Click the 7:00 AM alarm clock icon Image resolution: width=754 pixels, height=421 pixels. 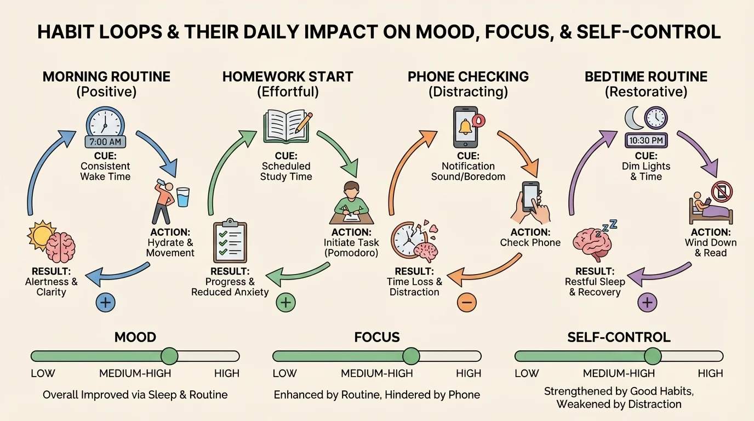click(x=105, y=127)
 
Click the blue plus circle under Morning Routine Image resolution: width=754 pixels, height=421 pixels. click(x=106, y=302)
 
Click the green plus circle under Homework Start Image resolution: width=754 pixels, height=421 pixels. click(x=285, y=302)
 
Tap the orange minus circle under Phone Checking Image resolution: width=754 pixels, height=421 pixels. click(x=467, y=302)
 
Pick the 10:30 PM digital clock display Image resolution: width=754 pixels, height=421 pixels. click(x=647, y=140)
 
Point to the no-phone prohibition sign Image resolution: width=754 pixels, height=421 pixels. click(x=722, y=192)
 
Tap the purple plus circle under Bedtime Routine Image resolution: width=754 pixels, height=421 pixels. click(x=647, y=302)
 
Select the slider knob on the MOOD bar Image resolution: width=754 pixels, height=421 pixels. click(x=169, y=356)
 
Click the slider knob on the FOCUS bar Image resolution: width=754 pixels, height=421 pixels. click(x=411, y=356)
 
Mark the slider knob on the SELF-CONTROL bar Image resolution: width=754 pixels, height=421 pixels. click(x=653, y=356)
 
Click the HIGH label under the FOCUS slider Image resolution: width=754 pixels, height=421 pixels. click(x=469, y=374)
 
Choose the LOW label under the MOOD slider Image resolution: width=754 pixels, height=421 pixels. click(x=43, y=374)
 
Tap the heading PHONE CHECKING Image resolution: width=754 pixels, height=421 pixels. click(x=468, y=76)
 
